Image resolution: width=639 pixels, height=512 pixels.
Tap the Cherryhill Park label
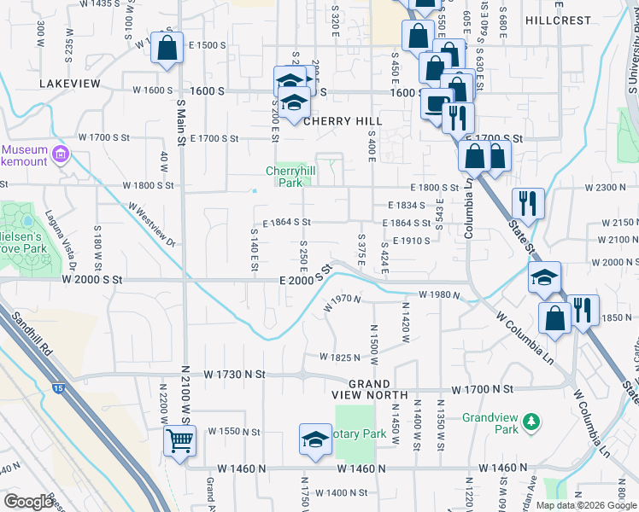pos(286,176)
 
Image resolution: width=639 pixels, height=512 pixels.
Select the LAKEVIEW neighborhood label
pos(70,84)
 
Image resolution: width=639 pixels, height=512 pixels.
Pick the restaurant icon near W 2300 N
pos(528,204)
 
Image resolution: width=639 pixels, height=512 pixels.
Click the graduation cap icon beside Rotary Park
pos(314,440)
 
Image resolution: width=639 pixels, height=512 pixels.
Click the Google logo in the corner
pos(28,501)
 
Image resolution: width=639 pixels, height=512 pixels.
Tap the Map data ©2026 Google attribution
pos(585,505)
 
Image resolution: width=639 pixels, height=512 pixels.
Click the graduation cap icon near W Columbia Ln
pos(544,277)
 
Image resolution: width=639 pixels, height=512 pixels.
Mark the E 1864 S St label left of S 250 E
pos(286,222)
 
